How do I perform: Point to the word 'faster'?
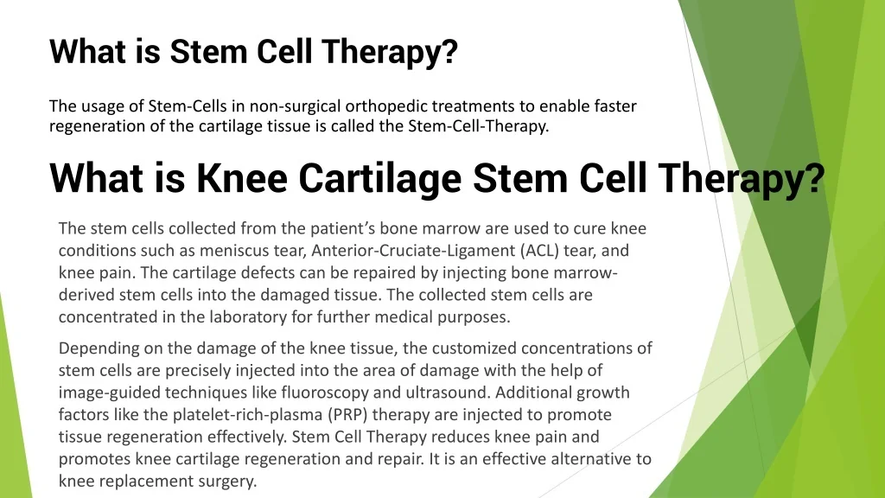(x=615, y=106)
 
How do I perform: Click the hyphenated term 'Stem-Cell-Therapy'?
(x=478, y=126)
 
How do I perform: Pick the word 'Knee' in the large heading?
(x=242, y=178)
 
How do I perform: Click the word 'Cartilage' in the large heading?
(x=380, y=178)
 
